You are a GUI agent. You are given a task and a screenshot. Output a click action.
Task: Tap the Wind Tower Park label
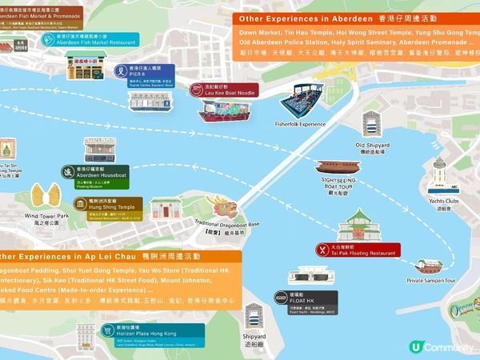pos(47,218)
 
